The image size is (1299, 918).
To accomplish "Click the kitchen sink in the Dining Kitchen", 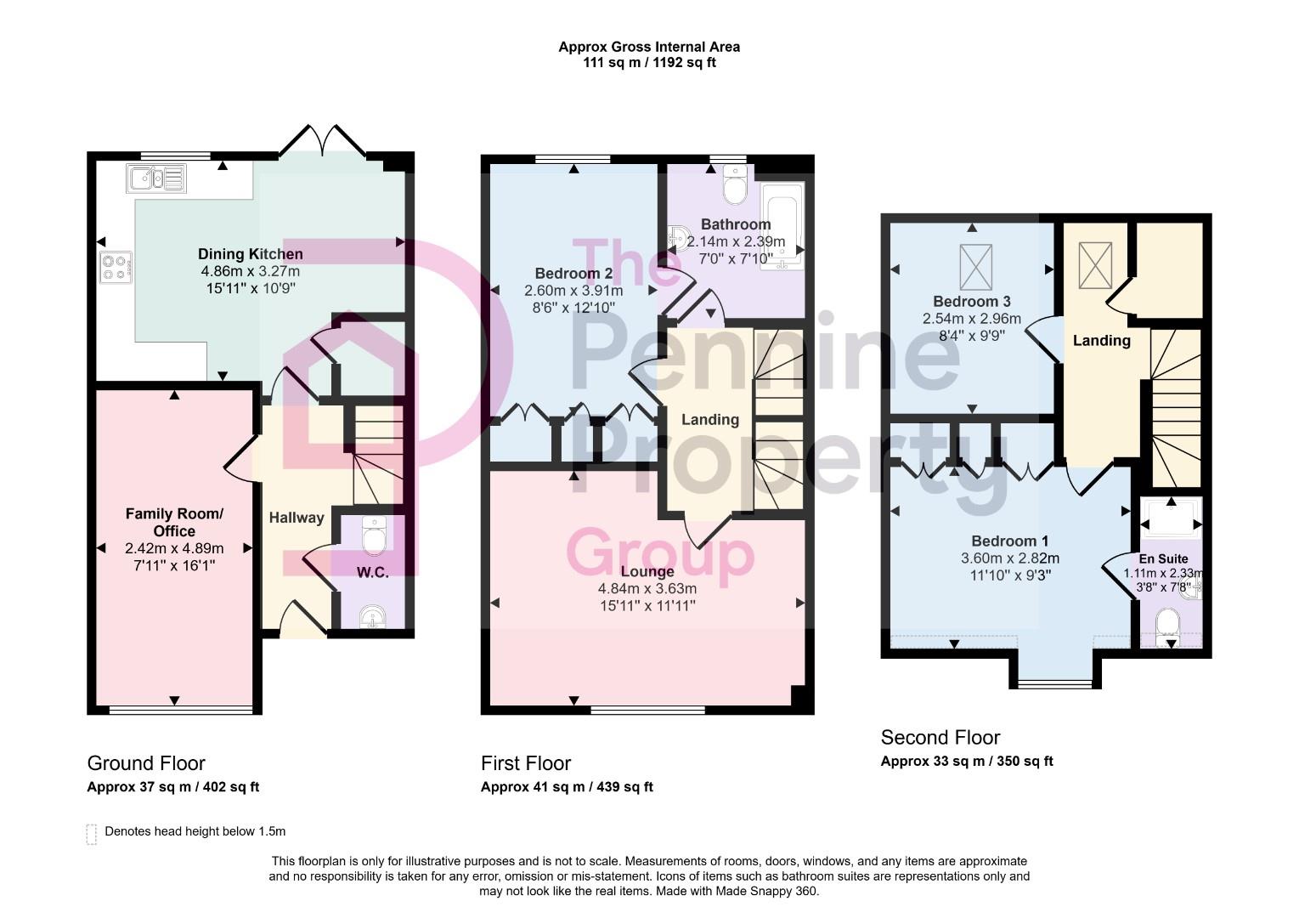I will tap(155, 178).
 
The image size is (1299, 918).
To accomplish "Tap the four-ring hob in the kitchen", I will tap(116, 268).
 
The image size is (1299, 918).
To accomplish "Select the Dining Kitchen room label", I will tap(250, 254).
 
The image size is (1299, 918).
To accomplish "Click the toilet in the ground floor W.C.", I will tap(373, 535).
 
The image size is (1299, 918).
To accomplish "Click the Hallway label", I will tap(297, 518).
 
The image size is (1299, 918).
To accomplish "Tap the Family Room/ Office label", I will tap(174, 522).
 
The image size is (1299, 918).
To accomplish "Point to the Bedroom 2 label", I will tap(573, 274).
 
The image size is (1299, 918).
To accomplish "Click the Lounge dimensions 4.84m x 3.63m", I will tap(647, 588).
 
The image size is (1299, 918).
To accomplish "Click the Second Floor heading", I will tap(940, 738).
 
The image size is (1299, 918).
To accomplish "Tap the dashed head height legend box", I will tap(92, 834).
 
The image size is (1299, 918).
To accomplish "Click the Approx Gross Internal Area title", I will tap(648, 48).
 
